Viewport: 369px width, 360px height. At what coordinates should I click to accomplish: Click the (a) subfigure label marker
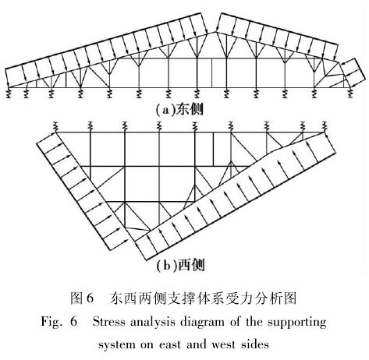(x=165, y=110)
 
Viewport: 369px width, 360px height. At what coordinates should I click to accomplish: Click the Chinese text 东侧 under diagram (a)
(x=190, y=110)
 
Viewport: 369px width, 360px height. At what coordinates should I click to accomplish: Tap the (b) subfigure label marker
(x=166, y=266)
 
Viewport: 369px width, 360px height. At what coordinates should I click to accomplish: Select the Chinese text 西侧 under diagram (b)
(x=191, y=265)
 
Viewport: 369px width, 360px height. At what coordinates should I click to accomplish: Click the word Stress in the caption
(x=109, y=322)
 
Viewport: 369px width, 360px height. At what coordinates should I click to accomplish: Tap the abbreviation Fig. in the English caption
(x=51, y=323)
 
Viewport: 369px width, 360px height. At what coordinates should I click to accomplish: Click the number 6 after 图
(x=90, y=298)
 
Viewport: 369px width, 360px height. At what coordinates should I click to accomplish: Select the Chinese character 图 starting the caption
(x=76, y=298)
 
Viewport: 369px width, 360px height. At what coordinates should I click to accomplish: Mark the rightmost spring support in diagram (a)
(x=350, y=93)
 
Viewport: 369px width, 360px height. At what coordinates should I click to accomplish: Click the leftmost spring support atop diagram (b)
(x=55, y=126)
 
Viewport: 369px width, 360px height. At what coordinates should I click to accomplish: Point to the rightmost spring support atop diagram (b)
(x=325, y=126)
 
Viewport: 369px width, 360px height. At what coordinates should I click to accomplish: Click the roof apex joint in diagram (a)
(x=215, y=32)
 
